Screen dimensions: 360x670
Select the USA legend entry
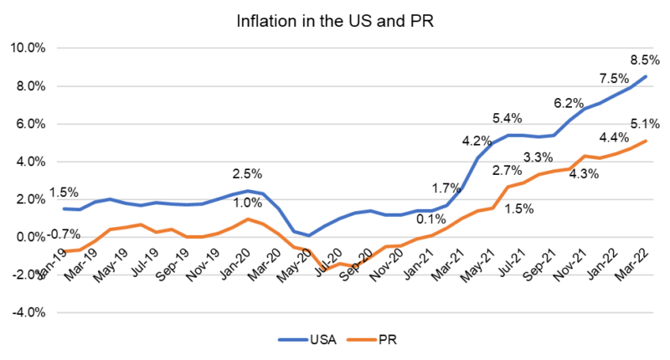pyautogui.click(x=317, y=340)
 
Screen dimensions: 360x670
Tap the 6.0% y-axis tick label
pyautogui.click(x=31, y=123)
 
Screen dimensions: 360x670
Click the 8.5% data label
pyautogui.click(x=642, y=59)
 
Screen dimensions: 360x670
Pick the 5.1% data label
pyautogui.click(x=643, y=124)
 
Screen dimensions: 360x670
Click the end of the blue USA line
pyautogui.click(x=645, y=76)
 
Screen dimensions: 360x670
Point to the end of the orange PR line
pyautogui.click(x=645, y=141)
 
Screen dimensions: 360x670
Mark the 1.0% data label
pyautogui.click(x=247, y=202)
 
